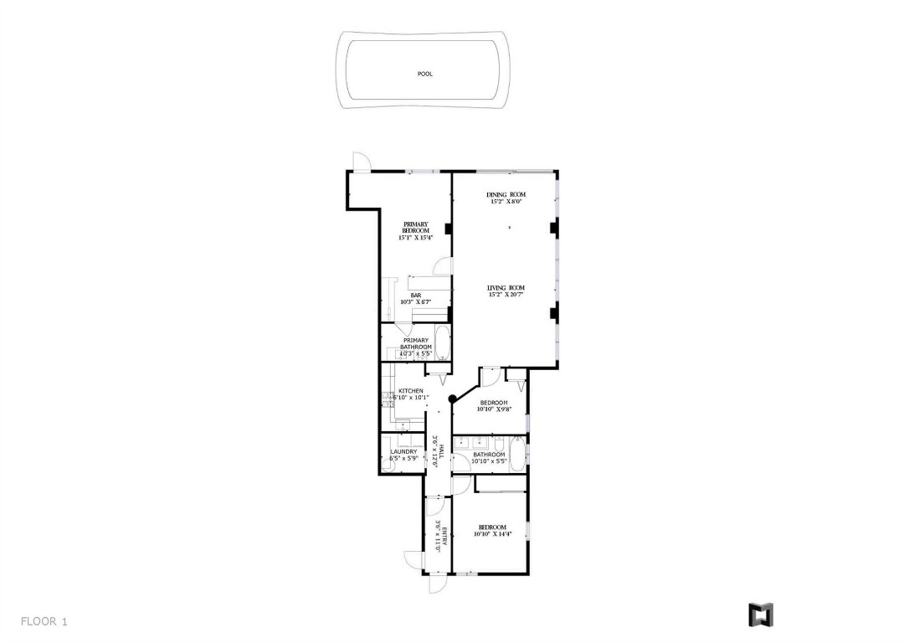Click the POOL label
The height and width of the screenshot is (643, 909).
point(424,74)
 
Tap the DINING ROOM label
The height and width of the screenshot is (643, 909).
point(506,195)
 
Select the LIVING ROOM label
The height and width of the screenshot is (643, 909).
point(506,288)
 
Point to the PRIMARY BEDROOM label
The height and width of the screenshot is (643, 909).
point(416,227)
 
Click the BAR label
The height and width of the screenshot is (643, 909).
point(415,295)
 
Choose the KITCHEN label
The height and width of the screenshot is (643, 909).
point(410,391)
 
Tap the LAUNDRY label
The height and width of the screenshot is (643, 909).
point(403,452)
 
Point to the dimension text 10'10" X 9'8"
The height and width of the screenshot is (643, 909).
point(494,409)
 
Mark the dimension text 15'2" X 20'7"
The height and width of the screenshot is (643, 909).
point(506,295)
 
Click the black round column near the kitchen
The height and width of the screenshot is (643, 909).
point(452,399)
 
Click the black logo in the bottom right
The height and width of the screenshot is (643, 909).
point(760,615)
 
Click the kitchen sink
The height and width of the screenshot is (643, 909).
point(388,404)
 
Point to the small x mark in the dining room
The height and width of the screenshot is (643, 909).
point(510,227)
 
